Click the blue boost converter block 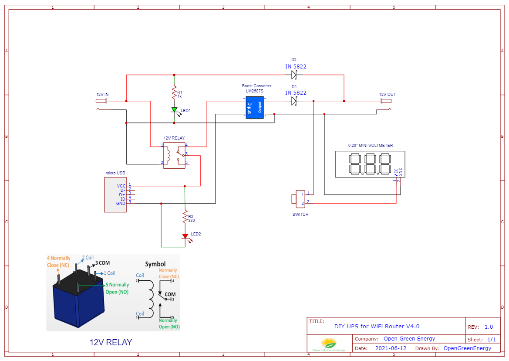[254, 107]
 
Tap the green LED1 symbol [174, 110]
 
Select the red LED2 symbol [185, 236]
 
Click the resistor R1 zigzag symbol [174, 93]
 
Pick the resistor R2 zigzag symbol [185, 217]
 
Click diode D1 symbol [294, 101]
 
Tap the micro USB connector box [115, 194]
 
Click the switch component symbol [300, 198]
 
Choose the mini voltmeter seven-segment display [370, 164]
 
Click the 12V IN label [102, 94]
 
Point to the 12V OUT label [388, 94]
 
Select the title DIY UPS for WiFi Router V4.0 [377, 326]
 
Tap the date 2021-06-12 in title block [391, 348]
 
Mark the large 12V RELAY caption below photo [111, 342]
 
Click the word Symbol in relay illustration [155, 264]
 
